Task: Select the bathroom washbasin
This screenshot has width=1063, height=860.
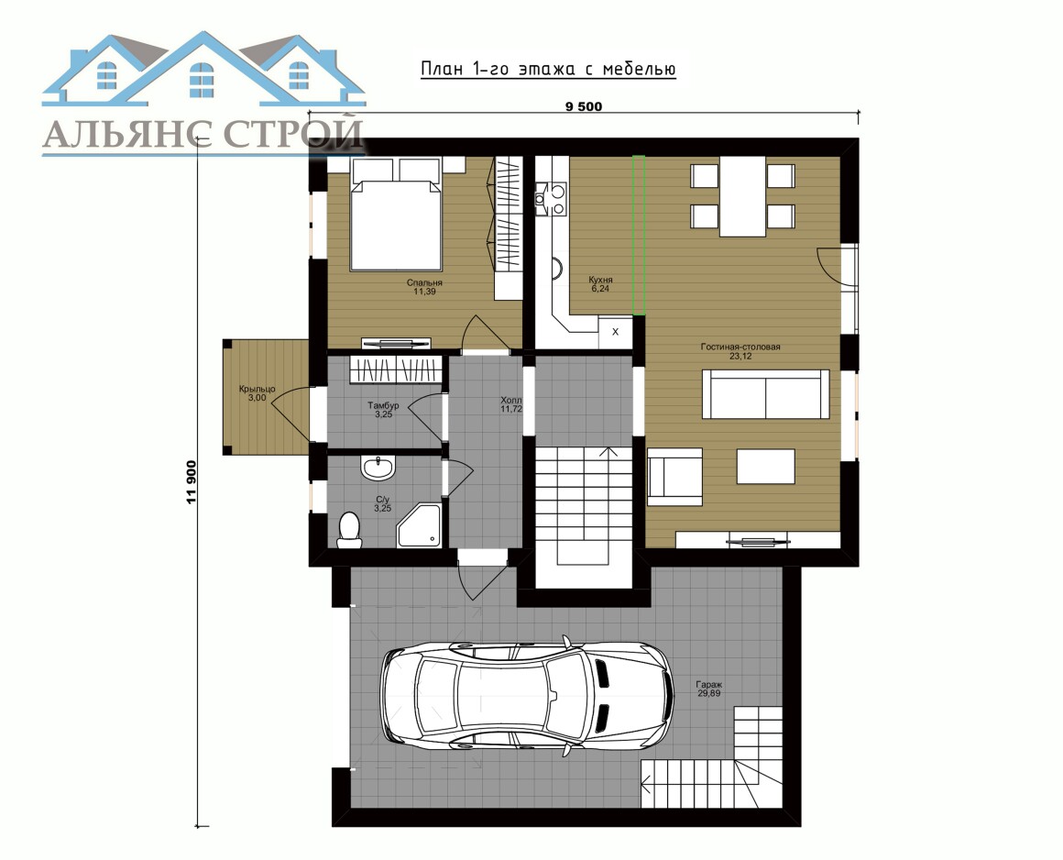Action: [x=377, y=468]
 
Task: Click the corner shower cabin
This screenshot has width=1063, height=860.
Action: [x=420, y=524]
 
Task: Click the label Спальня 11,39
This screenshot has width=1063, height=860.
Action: [x=424, y=287]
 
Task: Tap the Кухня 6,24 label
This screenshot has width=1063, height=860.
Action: [x=600, y=284]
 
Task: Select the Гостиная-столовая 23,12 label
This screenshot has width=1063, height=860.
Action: [x=740, y=351]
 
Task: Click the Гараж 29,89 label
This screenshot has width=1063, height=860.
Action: [x=708, y=689]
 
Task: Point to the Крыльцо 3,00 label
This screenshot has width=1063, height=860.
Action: [x=257, y=393]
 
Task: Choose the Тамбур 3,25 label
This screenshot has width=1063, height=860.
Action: [x=383, y=410]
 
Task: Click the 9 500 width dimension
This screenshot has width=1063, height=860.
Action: [x=583, y=106]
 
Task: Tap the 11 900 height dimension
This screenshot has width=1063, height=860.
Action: [x=192, y=482]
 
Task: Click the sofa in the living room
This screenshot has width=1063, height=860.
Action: [x=765, y=394]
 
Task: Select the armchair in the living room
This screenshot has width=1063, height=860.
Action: [x=674, y=477]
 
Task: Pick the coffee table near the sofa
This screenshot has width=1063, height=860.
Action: [x=765, y=467]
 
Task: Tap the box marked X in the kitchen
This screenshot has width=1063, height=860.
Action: [x=616, y=332]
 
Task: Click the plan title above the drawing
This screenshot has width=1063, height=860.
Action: [x=548, y=70]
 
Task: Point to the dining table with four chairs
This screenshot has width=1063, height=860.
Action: [x=742, y=196]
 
